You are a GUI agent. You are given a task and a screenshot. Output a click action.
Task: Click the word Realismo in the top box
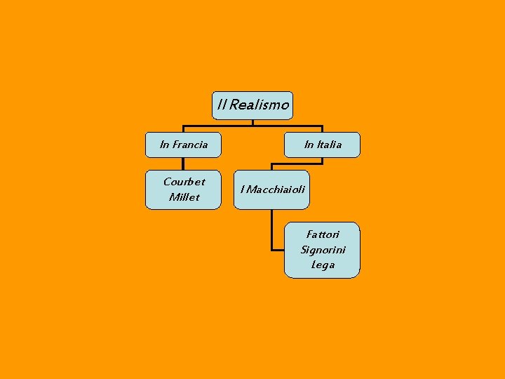click(259, 105)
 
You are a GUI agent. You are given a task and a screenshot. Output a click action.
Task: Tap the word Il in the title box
click(222, 105)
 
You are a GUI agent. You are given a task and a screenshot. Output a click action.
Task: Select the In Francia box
click(183, 145)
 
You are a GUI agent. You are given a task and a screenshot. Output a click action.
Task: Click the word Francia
click(190, 145)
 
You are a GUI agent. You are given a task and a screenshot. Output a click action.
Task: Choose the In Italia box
click(323, 145)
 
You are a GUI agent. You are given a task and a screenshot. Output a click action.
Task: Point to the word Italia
click(329, 145)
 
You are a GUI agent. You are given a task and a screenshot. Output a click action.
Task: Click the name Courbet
click(184, 182)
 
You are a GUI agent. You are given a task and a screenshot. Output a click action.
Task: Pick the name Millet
click(184, 197)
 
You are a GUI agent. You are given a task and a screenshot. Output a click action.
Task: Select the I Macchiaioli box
click(271, 189)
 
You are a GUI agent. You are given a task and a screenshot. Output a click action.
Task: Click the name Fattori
click(323, 234)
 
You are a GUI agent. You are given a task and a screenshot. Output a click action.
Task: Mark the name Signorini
click(323, 250)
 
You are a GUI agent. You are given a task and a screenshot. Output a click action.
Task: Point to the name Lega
click(323, 265)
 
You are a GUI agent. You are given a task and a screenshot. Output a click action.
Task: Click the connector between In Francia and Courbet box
click(183, 163)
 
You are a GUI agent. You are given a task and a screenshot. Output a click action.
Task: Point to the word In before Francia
click(165, 145)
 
